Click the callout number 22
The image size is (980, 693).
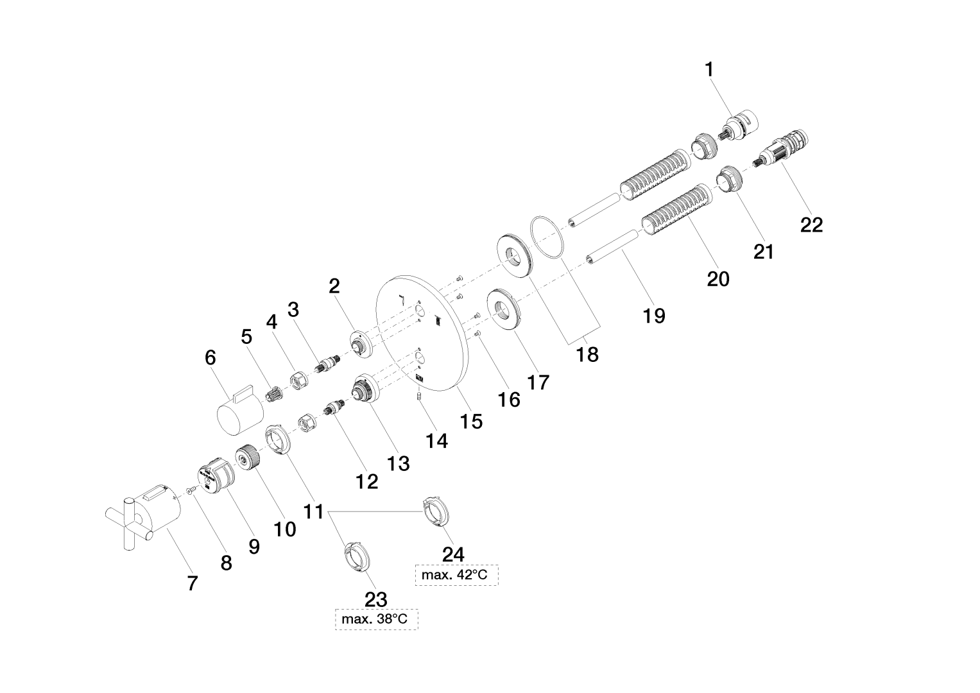(811, 225)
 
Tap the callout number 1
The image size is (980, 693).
(709, 69)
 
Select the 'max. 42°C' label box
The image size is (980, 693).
(454, 575)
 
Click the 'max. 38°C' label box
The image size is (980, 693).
(376, 619)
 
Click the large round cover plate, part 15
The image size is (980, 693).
(420, 334)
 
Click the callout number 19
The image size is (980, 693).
(655, 316)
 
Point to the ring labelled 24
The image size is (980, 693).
(436, 512)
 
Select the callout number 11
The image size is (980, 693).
(313, 511)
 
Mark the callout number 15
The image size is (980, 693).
(471, 421)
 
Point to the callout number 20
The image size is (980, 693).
(718, 279)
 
